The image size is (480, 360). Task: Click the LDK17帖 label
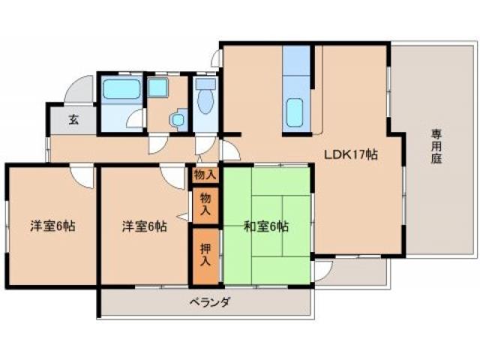click(350, 154)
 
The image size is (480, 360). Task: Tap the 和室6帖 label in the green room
click(265, 225)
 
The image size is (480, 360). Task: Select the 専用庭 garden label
click(436, 145)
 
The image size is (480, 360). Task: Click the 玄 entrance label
click(73, 118)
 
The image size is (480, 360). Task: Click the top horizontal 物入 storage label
click(205, 175)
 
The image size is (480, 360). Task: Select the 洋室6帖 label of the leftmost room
click(52, 226)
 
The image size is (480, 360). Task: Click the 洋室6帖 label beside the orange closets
click(145, 226)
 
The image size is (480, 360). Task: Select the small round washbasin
click(177, 119)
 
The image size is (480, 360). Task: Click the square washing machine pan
click(158, 88)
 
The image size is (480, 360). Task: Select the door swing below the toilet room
click(204, 145)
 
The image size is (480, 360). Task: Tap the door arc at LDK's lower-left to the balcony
click(322, 267)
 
